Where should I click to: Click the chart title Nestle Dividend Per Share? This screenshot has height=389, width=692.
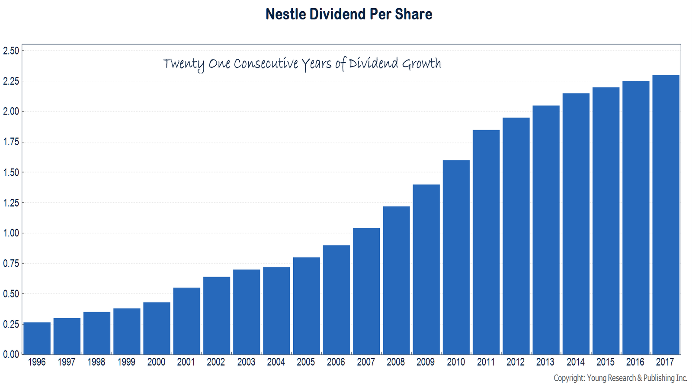coord(349,14)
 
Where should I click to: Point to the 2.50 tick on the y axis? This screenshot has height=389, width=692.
coord(11,51)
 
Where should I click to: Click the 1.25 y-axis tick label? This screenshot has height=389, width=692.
coord(11,203)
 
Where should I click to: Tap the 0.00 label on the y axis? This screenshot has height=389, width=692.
coord(11,354)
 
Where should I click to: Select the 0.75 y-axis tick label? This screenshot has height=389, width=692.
coord(11,264)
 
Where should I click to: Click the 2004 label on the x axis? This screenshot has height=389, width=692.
coord(276,362)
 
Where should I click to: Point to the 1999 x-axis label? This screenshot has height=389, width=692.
coord(126,362)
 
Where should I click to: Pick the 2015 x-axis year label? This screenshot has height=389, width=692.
coord(605,362)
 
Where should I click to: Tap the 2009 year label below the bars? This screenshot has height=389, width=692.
coord(426,362)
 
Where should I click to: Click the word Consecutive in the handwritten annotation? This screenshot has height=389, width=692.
coord(266,64)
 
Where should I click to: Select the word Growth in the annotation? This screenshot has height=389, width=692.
coord(421,64)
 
